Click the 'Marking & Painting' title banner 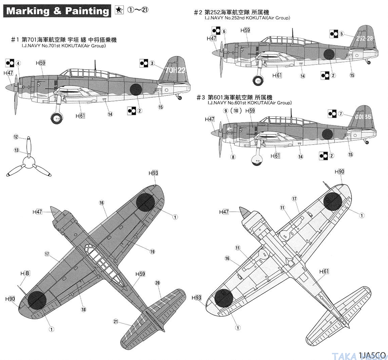[x=57, y=11]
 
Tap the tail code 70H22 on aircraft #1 [x=175, y=70]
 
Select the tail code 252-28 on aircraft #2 [x=365, y=38]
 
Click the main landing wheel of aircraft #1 [x=56, y=118]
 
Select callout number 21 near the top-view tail [x=116, y=321]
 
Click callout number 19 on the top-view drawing [x=152, y=251]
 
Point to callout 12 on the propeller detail [x=16, y=137]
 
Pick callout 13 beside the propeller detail [x=16, y=150]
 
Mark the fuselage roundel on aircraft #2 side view [x=329, y=54]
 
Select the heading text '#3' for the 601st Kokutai [x=201, y=97]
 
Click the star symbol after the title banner [x=118, y=10]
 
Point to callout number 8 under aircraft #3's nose [x=233, y=157]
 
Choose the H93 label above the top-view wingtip [x=153, y=173]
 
